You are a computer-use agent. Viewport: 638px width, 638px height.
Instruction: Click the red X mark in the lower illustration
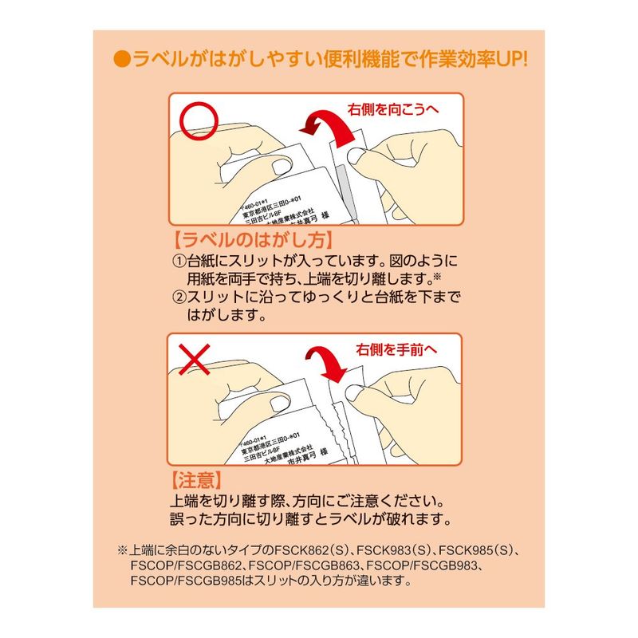coord(194,359)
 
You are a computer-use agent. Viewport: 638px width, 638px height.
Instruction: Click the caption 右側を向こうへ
coord(393,109)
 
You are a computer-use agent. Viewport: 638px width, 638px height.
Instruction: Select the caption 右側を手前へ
coord(396,349)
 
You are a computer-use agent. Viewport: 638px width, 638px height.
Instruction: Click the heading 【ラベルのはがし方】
coord(253,240)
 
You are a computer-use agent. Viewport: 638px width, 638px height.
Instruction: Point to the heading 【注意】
coord(196,480)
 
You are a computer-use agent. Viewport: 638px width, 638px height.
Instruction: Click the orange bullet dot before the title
coord(122,60)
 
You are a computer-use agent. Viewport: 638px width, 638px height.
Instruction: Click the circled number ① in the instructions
coord(179,261)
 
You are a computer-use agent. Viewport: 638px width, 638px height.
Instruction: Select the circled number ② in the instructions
coord(179,297)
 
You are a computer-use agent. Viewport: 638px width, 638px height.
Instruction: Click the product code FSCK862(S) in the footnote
coord(312,550)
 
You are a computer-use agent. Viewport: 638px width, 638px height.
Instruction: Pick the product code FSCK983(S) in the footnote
coord(394,550)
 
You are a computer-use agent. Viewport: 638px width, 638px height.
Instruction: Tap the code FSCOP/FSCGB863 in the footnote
coord(304,565)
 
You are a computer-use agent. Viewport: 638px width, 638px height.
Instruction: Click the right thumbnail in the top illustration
coord(356,156)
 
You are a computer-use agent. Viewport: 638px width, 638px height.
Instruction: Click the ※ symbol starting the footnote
coord(123,550)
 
